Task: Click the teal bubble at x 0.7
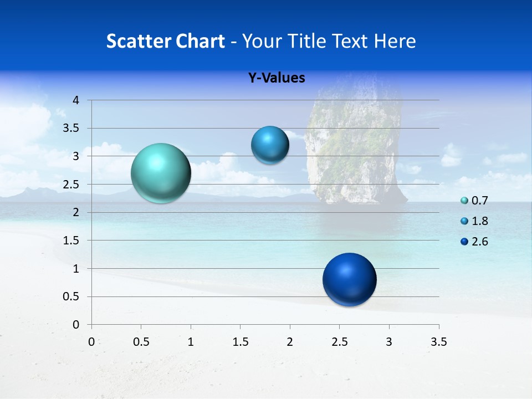[x=161, y=173]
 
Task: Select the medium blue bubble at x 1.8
[x=270, y=145]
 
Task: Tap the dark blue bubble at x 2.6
[x=349, y=279]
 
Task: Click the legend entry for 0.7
[x=474, y=201]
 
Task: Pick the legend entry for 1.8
[x=474, y=221]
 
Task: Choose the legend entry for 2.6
[x=474, y=242]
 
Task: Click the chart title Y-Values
[x=276, y=78]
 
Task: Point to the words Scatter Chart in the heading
[x=165, y=41]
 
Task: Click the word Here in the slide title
[x=394, y=41]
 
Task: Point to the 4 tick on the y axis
[x=76, y=100]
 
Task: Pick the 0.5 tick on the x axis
[x=141, y=342]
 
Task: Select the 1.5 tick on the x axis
[x=241, y=342]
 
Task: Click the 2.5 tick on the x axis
[x=340, y=342]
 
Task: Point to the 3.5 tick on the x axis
[x=439, y=342]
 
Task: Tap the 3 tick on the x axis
[x=389, y=342]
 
